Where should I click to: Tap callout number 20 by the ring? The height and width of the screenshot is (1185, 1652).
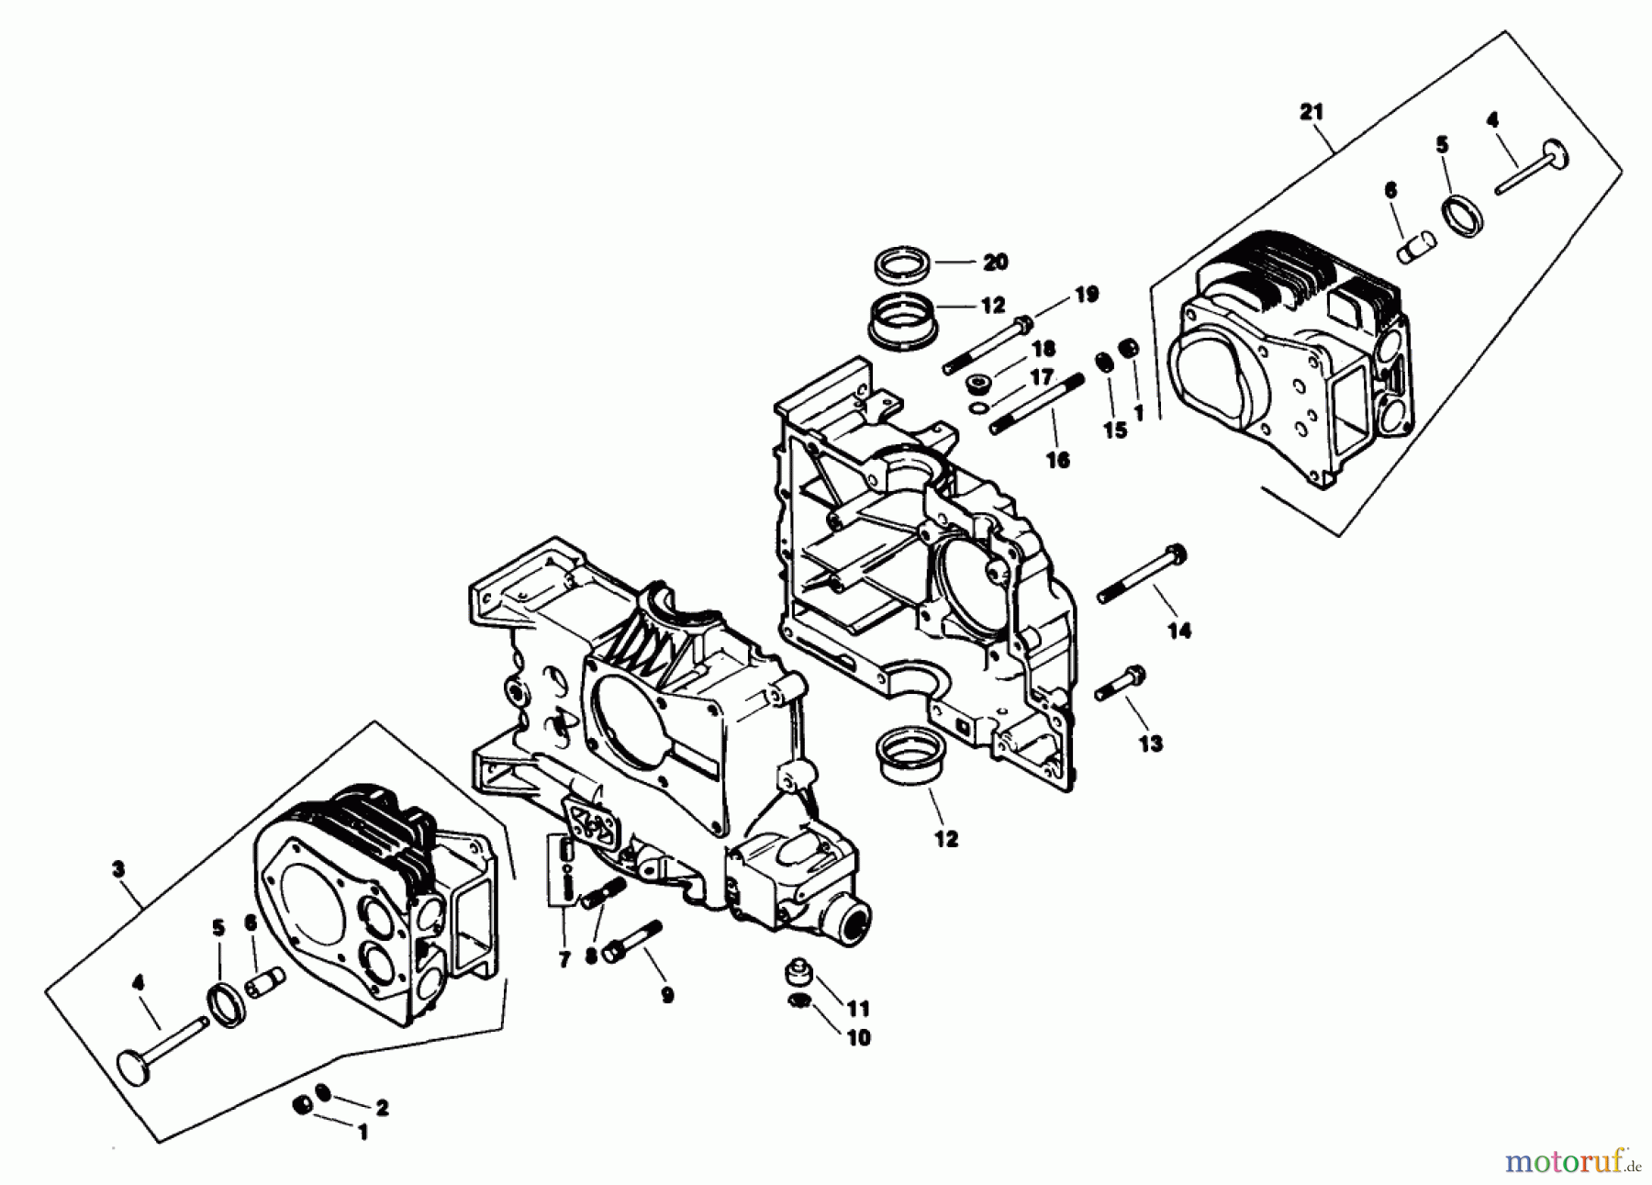tap(995, 263)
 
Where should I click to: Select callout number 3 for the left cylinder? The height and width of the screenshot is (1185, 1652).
tap(118, 868)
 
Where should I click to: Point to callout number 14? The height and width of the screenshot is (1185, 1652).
tap(1179, 631)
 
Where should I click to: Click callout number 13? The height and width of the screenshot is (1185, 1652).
tap(1151, 743)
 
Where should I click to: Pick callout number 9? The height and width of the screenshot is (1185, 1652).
tap(667, 995)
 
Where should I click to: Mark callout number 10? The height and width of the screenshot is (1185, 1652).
tap(859, 1038)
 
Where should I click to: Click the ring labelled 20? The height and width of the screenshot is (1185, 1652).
tap(902, 263)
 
